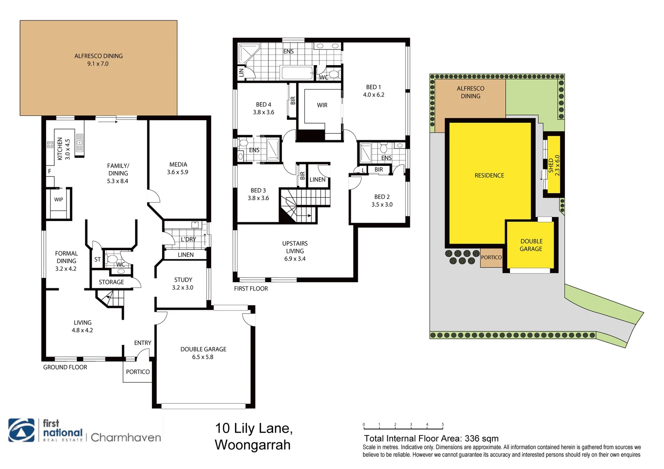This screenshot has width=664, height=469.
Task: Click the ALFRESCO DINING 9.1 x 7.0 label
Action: (98, 60)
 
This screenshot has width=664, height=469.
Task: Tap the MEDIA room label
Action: (178, 168)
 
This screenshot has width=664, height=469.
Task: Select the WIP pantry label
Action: (59, 200)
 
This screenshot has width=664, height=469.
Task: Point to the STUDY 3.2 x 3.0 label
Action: (183, 284)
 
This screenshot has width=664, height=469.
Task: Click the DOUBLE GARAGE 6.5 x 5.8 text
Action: (203, 353)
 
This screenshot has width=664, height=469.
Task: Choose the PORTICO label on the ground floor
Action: (138, 372)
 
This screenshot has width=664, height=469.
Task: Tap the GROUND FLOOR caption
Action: (65, 367)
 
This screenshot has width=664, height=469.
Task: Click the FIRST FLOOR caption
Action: (251, 289)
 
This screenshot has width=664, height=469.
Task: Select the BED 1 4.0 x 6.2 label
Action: (373, 91)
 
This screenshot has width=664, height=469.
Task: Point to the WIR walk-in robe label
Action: (322, 105)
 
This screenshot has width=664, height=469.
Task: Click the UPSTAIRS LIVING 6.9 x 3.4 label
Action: (295, 251)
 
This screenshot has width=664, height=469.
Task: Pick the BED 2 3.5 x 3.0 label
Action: (382, 201)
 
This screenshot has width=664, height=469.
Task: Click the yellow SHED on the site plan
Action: (553, 165)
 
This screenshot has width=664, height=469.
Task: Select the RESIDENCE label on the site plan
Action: (489, 175)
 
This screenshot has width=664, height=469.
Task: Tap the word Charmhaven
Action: (126, 437)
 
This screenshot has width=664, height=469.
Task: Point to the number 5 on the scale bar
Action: (443, 425)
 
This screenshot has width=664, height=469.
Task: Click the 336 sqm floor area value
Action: (481, 439)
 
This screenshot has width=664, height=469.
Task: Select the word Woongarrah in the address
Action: (252, 445)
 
